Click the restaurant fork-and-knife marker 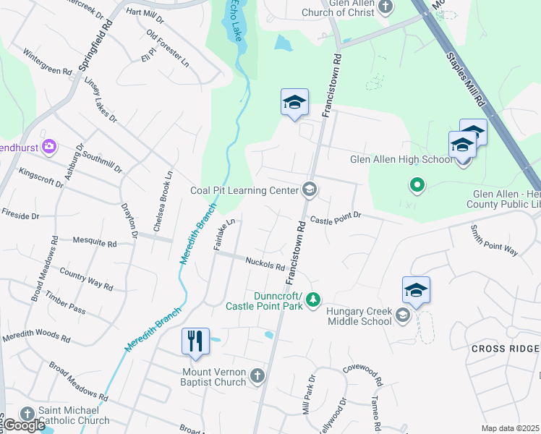point(195,341)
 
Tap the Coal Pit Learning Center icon point(310,190)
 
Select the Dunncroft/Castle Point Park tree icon point(312,299)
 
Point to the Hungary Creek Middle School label point(359,316)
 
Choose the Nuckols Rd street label point(264,265)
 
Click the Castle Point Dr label point(335,218)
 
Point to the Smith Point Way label point(494,241)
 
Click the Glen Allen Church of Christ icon point(385,7)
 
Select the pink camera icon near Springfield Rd point(49,147)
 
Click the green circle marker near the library point(417,186)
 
